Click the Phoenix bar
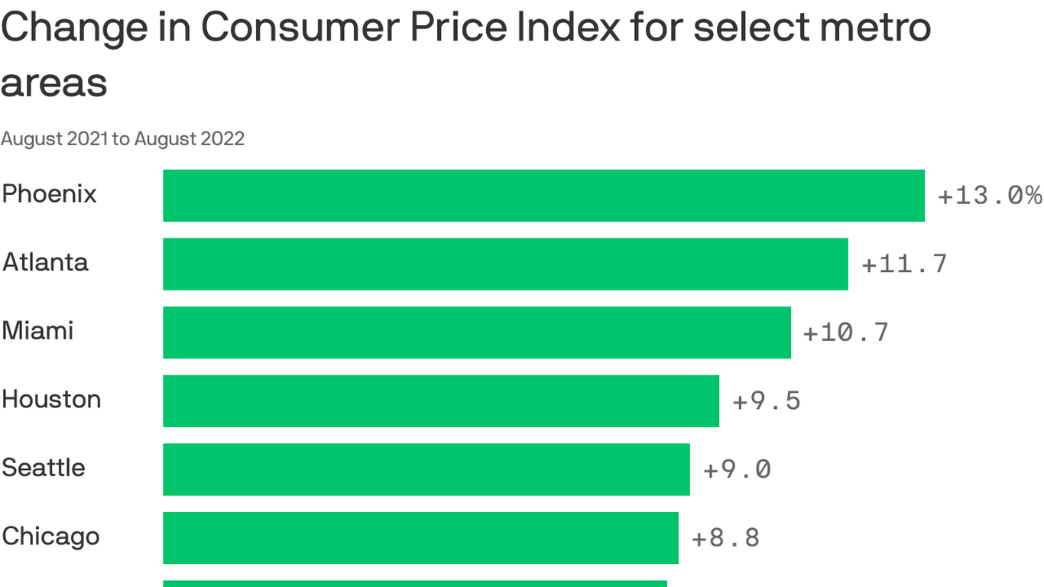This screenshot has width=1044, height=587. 543,196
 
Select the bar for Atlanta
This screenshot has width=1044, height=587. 505,264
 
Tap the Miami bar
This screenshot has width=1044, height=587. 477,332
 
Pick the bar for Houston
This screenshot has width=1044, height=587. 441,401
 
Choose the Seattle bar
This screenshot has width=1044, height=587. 426,469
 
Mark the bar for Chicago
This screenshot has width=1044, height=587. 420,537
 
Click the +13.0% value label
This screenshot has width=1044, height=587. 990,196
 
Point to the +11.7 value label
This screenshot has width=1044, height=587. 904,264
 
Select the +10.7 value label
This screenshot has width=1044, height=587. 846,332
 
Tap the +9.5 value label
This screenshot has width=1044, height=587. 767,401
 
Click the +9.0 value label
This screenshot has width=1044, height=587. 737,469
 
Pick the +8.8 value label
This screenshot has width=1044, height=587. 725,537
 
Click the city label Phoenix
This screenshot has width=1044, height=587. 50,194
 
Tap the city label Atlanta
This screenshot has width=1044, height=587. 46,262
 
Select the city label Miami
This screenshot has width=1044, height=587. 38,331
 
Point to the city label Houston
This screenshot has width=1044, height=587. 51,399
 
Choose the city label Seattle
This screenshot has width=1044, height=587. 44,468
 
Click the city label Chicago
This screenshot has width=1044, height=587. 50,537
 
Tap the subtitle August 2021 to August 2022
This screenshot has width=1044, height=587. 123,138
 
